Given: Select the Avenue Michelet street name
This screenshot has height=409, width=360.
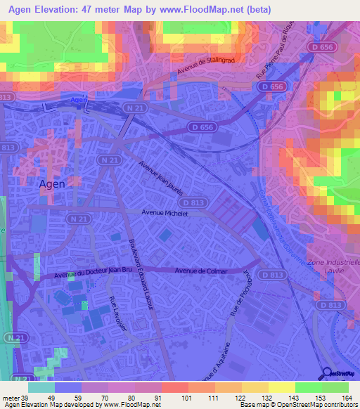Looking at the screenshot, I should pos(166,212).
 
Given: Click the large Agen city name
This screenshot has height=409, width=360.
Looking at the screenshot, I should pos(51,183).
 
